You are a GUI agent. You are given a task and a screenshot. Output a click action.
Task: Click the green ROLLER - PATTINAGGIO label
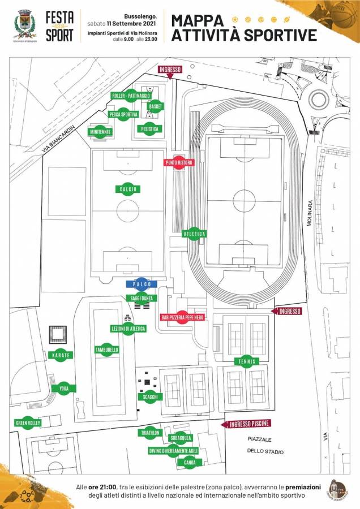(x=131, y=96)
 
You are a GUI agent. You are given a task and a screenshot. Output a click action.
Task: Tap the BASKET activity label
(x=156, y=106)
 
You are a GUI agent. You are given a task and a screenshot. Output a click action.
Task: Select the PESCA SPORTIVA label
(x=124, y=114)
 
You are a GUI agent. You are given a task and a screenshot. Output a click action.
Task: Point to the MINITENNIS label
(x=100, y=132)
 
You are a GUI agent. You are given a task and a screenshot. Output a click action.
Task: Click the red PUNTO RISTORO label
(x=179, y=163)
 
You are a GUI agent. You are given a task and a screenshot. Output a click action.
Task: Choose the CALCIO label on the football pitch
(x=128, y=189)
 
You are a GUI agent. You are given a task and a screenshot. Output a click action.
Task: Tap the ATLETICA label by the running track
(x=194, y=234)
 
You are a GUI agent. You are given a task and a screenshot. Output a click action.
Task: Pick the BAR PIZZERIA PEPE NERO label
(x=182, y=317)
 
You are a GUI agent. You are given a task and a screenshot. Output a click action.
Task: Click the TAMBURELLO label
(x=107, y=350)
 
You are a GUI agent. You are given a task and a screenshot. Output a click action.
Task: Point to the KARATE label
(x=61, y=355)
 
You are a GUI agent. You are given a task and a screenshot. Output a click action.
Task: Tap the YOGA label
(x=63, y=389)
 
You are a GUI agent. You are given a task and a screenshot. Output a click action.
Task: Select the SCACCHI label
(x=150, y=398)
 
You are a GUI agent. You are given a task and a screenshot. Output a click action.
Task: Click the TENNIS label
(x=246, y=361)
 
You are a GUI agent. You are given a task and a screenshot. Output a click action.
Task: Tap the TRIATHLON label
(x=150, y=433)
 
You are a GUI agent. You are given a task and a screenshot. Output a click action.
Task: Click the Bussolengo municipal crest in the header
(x=24, y=24)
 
